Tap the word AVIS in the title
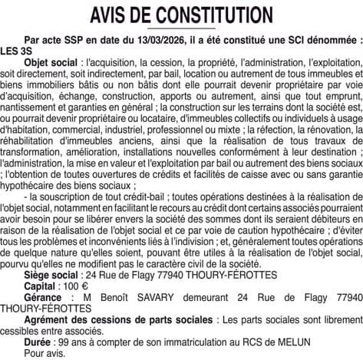pyautogui.click(x=111, y=15)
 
